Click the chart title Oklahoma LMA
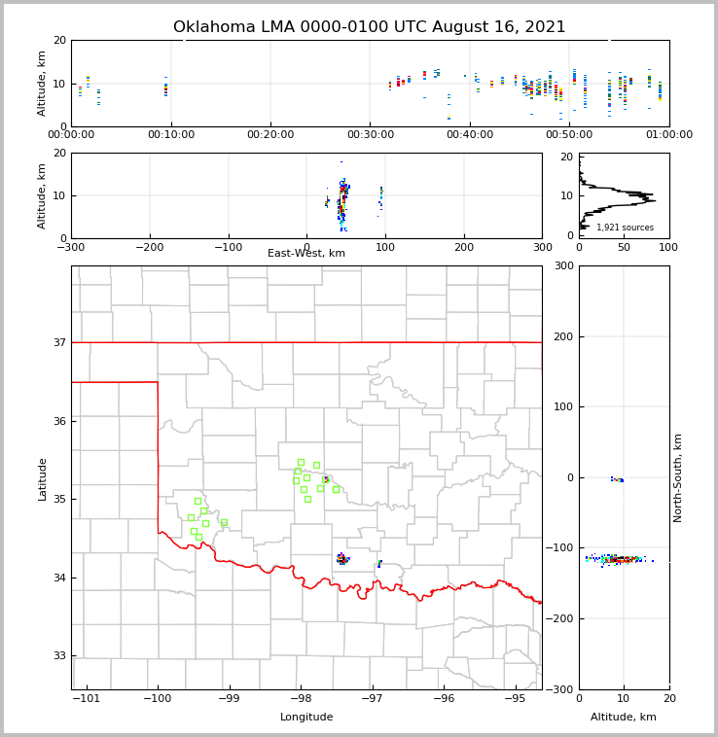click(369, 27)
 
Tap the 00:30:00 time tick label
click(370, 135)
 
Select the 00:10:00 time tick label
click(170, 135)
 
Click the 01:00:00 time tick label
click(669, 135)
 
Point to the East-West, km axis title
click(306, 254)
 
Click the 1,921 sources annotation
click(625, 228)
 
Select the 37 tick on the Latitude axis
click(58, 343)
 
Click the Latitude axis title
click(42, 478)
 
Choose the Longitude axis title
click(306, 718)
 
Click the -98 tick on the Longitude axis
click(301, 699)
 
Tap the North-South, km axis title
click(678, 477)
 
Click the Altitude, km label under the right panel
click(624, 718)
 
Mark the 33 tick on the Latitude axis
click(58, 656)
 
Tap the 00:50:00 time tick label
click(569, 135)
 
